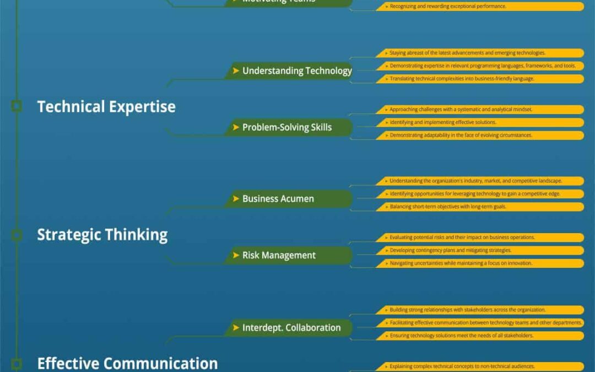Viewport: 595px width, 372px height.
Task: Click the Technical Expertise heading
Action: [106, 106]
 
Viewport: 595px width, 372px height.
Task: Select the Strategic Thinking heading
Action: [102, 235]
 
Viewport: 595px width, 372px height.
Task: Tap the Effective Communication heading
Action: [127, 363]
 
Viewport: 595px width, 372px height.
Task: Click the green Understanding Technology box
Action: [289, 71]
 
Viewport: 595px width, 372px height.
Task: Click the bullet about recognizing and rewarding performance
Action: [479, 7]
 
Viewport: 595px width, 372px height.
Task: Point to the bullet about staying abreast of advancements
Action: [479, 53]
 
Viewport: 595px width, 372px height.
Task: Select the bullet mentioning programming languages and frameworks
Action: [479, 66]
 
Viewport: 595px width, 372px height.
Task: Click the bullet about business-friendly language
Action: [479, 79]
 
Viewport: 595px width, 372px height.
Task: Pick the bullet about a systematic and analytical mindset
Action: [479, 110]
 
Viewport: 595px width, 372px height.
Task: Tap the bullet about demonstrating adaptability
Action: [479, 135]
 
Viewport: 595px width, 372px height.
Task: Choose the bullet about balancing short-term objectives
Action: [479, 207]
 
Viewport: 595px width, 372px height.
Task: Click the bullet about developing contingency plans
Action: [479, 250]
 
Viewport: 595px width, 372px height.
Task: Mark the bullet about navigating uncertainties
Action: [479, 263]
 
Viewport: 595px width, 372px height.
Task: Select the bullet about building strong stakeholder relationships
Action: [479, 310]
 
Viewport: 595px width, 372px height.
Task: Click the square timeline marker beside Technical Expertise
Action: [17, 106]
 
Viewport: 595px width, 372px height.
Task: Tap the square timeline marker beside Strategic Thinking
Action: [17, 235]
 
